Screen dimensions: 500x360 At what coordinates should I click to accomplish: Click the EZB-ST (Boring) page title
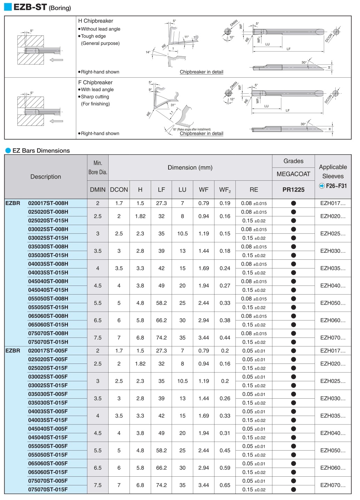42,7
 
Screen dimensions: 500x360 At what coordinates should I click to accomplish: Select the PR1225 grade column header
293,190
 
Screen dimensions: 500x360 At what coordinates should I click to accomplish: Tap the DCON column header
119,190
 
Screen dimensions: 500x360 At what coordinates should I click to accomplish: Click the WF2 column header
225,190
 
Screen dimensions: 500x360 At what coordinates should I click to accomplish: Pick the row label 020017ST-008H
48,203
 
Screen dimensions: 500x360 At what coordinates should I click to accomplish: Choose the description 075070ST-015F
48,490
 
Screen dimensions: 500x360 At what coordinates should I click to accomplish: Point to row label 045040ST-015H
48,290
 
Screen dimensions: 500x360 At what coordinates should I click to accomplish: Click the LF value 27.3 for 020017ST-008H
161,203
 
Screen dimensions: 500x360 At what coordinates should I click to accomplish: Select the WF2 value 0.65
225,485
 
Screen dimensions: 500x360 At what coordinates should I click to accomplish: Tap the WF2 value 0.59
225,468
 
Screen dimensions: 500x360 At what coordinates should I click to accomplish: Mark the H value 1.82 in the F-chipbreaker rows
140,364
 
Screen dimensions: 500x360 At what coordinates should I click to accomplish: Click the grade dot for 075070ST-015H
293,342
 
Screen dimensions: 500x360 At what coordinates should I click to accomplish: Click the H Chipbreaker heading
95,21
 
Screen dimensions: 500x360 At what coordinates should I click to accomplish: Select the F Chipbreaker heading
95,83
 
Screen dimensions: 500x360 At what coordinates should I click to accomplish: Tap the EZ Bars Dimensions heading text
41,151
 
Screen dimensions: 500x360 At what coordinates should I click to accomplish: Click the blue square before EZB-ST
8,7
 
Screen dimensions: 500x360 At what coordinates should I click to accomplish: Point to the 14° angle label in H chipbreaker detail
148,52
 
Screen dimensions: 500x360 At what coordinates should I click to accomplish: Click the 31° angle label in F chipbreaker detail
173,105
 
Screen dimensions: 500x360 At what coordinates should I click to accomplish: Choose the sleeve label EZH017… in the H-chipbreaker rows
333,203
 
